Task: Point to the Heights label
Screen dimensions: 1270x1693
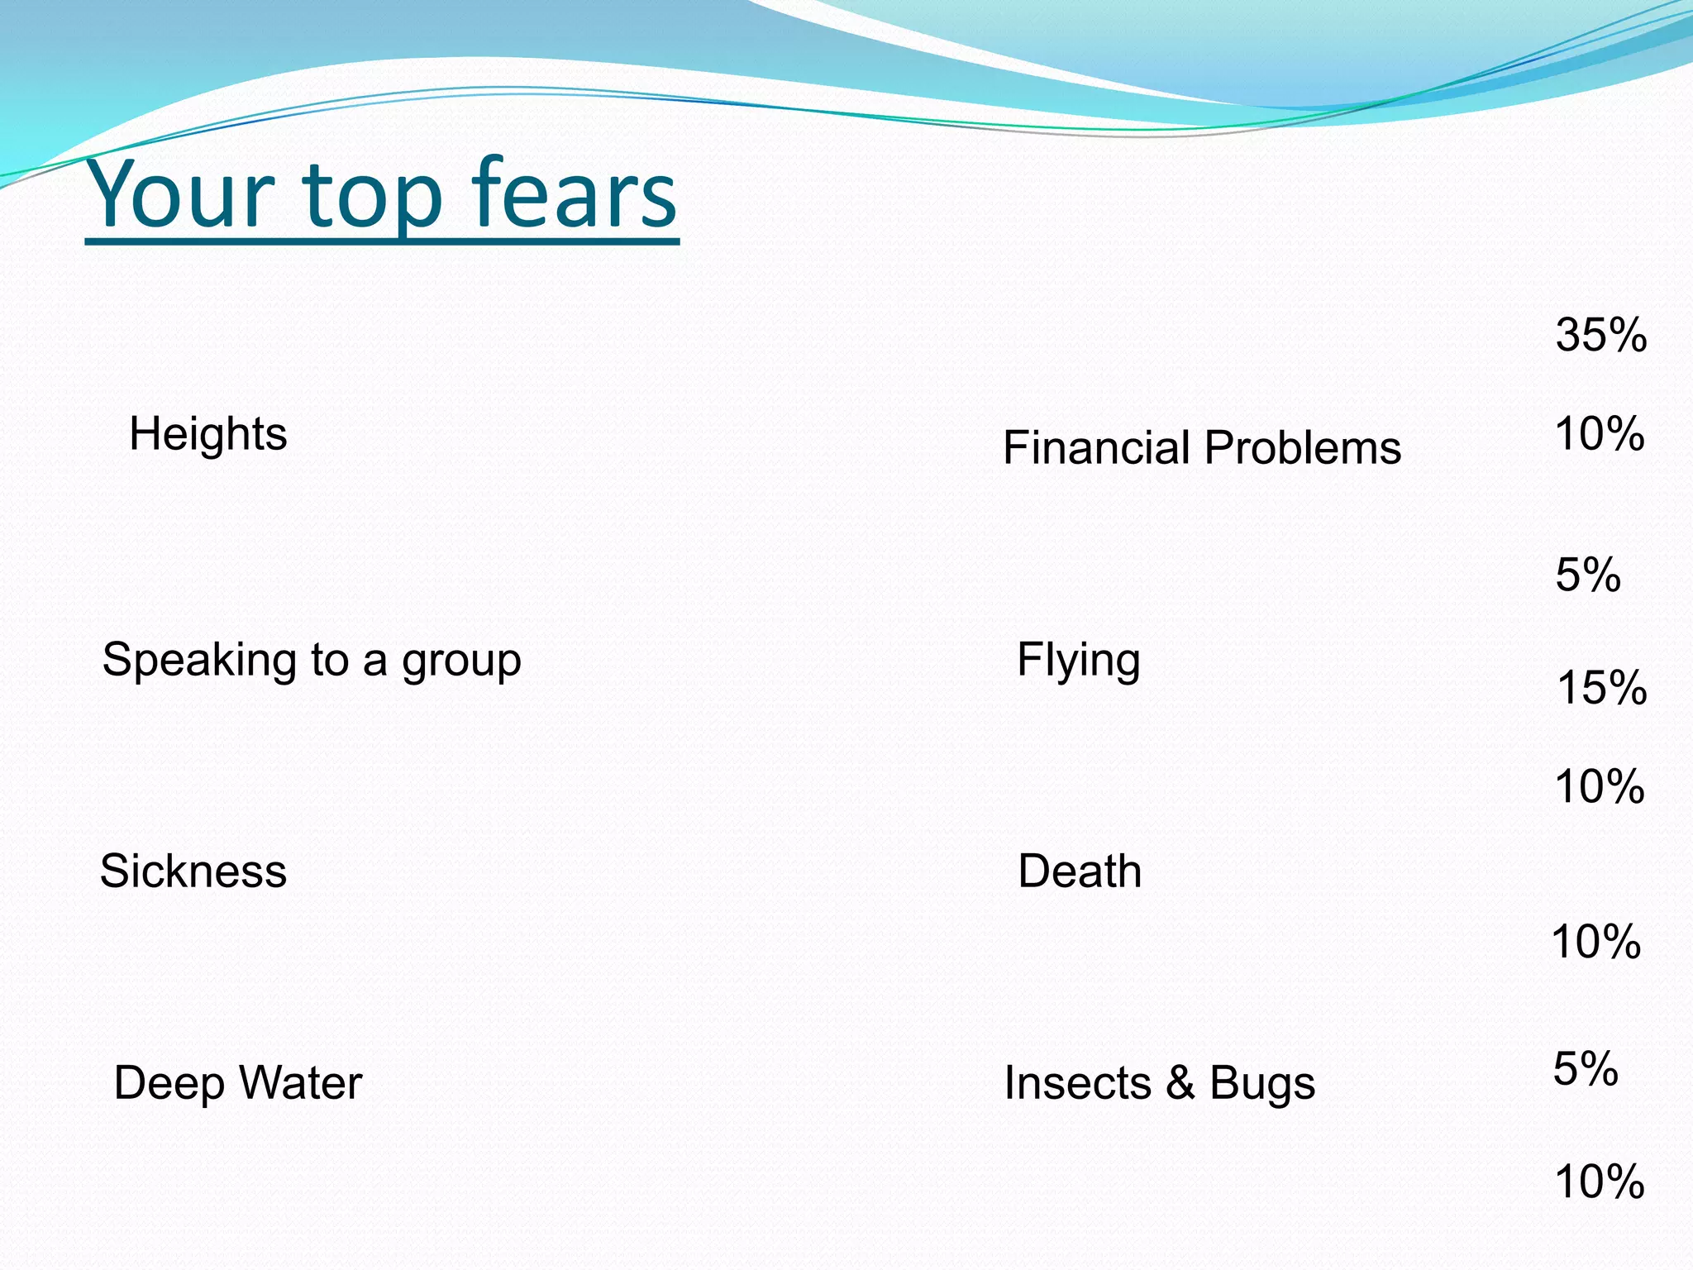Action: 207,434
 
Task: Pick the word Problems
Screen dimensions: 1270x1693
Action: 1303,448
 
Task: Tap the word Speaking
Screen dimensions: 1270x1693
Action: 199,661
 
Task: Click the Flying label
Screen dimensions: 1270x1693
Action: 1078,661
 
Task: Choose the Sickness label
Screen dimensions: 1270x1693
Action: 193,871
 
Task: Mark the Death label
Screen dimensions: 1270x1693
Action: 1080,871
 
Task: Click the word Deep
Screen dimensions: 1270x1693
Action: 169,1084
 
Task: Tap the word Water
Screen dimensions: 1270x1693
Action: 301,1082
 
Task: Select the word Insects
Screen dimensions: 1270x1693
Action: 1077,1083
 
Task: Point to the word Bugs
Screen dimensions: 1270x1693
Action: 1262,1084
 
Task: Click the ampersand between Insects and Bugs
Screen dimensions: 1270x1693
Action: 1180,1083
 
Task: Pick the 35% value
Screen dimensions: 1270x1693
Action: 1600,336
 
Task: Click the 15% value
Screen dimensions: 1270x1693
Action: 1601,688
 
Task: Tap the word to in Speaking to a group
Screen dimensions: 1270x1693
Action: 330,661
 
